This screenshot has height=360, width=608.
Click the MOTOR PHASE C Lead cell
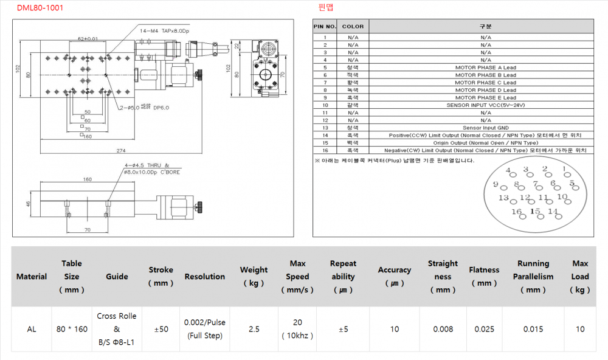tap(485, 83)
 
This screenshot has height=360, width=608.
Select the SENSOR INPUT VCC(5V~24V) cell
tap(485, 105)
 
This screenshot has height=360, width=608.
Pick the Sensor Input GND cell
tap(485, 128)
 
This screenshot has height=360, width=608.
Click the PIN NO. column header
tap(325, 27)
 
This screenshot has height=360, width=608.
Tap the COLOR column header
tap(353, 27)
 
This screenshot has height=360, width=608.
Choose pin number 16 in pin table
tap(325, 150)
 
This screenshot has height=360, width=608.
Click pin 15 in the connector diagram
tap(535, 212)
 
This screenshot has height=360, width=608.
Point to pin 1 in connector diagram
tap(564, 169)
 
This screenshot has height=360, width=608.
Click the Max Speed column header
tap(297, 277)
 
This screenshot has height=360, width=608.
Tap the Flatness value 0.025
tap(484, 329)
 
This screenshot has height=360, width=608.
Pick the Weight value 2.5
tap(254, 329)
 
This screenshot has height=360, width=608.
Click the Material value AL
tap(32, 329)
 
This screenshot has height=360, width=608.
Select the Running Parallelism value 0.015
tap(533, 329)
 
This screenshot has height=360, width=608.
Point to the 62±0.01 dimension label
tap(88, 39)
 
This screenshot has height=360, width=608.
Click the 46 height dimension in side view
tap(28, 205)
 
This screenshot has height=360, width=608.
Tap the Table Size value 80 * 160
tap(71, 329)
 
